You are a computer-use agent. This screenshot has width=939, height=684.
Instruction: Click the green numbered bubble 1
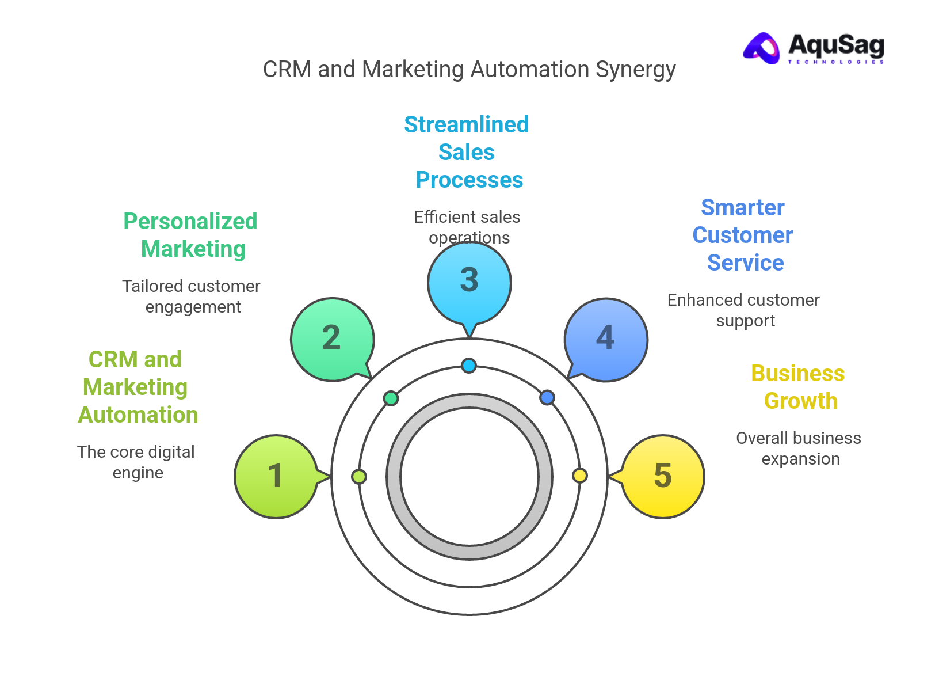click(x=276, y=476)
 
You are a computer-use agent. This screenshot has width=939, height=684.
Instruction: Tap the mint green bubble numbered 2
click(x=332, y=339)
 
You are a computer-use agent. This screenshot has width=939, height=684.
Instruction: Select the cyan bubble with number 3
click(x=469, y=281)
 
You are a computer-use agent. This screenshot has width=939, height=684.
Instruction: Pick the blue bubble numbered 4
click(x=606, y=339)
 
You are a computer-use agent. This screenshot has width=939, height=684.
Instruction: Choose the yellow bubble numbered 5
click(x=663, y=476)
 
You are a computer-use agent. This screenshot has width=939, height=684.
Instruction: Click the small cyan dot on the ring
click(x=469, y=365)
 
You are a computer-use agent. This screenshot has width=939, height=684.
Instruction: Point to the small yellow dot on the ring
click(x=579, y=476)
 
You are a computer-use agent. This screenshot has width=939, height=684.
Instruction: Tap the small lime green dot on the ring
click(x=358, y=477)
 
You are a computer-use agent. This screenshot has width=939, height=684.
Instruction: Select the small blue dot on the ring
click(x=547, y=397)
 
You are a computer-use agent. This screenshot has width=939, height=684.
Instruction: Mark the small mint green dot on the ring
click(x=391, y=398)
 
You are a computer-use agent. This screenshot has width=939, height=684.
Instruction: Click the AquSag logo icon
click(x=762, y=48)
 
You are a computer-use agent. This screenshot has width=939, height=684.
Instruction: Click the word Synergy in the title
click(x=635, y=70)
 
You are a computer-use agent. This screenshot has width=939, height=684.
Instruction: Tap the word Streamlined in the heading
click(x=466, y=125)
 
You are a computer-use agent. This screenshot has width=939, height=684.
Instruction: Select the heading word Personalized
click(x=190, y=222)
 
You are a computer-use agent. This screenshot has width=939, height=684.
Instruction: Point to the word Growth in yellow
click(x=800, y=401)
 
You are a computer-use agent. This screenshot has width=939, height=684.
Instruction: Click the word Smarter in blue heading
click(x=742, y=208)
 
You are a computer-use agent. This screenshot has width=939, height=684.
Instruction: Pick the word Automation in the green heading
click(x=138, y=415)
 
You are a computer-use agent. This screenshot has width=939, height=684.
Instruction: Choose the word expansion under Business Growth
click(x=800, y=459)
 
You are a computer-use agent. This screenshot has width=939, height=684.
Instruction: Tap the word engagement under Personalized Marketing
click(x=193, y=307)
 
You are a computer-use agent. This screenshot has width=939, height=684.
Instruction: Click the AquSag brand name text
click(x=835, y=45)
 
